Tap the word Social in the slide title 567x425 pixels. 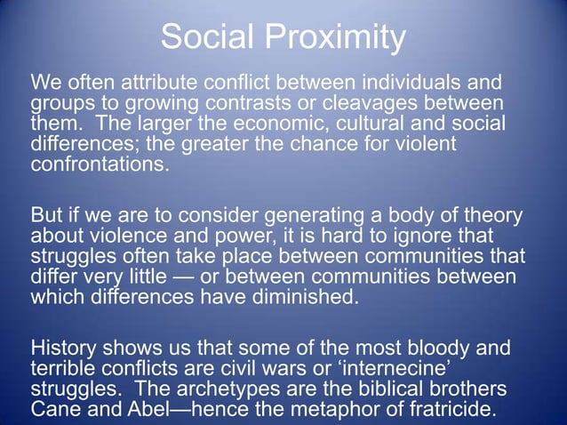point(204,38)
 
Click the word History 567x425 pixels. point(62,348)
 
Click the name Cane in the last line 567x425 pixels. point(55,407)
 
